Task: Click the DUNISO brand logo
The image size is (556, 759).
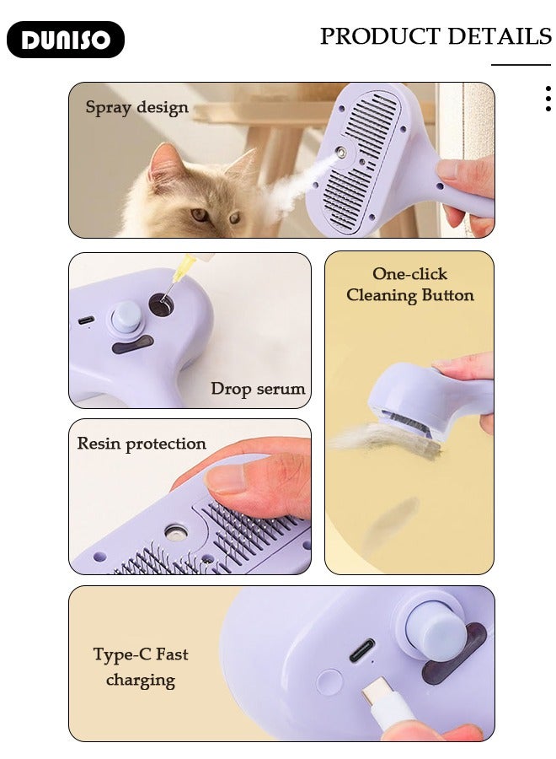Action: [66, 40]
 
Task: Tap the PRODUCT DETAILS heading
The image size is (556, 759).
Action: [436, 36]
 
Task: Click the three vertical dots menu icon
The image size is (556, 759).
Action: [548, 99]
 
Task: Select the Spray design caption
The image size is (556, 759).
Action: [136, 107]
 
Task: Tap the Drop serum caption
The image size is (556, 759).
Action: [258, 389]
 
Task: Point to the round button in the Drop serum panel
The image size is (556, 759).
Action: [126, 319]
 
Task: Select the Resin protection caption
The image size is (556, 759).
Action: [142, 444]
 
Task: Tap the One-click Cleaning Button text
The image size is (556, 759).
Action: [410, 284]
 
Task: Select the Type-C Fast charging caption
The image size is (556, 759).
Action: [141, 666]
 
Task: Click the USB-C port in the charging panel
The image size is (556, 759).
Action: [362, 650]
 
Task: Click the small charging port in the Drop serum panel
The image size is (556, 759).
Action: [86, 320]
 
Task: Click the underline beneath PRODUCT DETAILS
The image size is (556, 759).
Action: [521, 64]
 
